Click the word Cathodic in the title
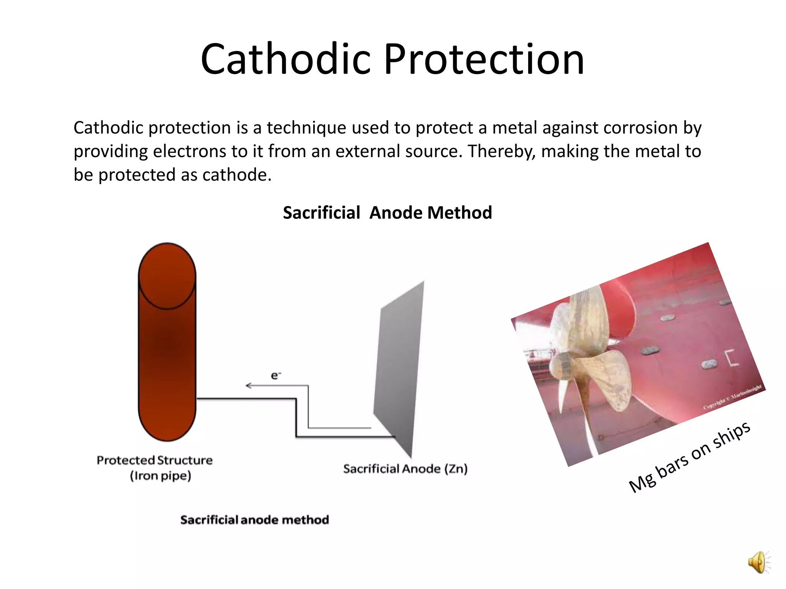point(286,59)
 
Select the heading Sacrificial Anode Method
point(387,213)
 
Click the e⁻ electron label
point(276,375)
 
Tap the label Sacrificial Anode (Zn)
point(405,469)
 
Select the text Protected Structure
point(154,460)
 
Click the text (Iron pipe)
point(160,476)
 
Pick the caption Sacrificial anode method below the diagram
point(254,520)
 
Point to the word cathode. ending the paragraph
point(237,175)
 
